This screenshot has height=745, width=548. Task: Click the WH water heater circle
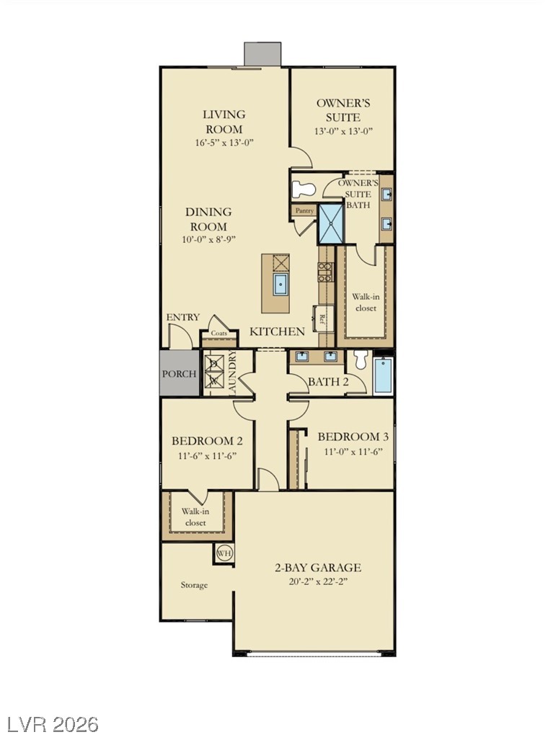224,553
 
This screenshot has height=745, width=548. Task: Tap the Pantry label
304,210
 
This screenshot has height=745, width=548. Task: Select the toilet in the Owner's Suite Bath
304,189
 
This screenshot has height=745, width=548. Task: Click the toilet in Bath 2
361,360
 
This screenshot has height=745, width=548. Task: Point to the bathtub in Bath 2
383,376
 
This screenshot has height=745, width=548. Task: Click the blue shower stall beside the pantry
331,223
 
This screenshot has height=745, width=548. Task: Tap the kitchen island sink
280,285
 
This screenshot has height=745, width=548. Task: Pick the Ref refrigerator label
322,318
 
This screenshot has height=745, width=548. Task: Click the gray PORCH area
180,373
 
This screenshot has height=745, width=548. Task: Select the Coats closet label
218,333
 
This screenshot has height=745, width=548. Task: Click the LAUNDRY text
232,373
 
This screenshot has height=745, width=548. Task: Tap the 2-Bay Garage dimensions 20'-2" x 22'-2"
318,581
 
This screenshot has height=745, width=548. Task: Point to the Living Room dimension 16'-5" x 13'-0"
224,142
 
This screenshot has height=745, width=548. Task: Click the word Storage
194,585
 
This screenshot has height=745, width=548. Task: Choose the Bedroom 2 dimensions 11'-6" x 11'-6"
208,455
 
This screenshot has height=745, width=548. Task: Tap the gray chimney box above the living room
262,54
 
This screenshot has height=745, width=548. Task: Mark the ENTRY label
182,317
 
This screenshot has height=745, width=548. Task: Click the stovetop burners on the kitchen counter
325,272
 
